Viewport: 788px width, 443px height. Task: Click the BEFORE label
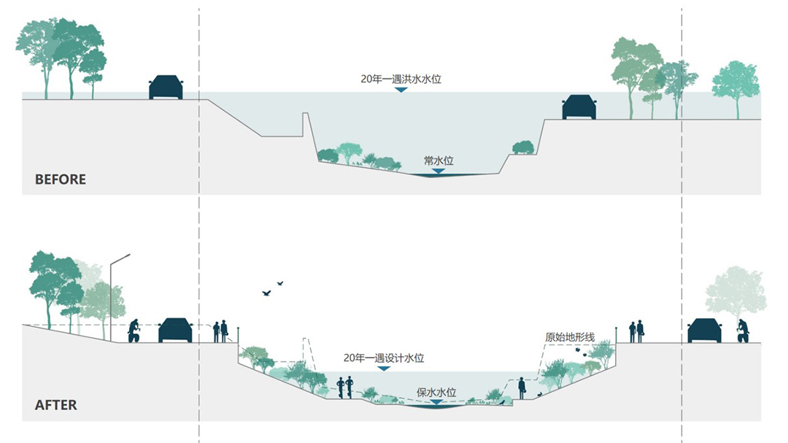(x=61, y=180)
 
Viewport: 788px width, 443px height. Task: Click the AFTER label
(x=55, y=404)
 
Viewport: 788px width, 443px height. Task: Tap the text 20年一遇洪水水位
(x=401, y=79)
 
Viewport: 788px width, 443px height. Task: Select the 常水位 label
(x=439, y=159)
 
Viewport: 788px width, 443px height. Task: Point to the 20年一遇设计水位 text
(x=385, y=358)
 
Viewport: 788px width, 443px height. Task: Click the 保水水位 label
(x=436, y=391)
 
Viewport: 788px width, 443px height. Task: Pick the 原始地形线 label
(x=570, y=337)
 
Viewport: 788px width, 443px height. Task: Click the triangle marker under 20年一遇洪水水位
(x=401, y=90)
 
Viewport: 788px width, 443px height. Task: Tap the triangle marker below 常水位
(x=438, y=171)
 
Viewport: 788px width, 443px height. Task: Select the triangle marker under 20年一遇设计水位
(x=384, y=369)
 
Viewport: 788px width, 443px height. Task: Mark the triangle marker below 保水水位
(x=436, y=402)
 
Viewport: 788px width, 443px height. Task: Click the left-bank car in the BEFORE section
(x=166, y=88)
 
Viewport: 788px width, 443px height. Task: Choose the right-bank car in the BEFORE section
(x=579, y=107)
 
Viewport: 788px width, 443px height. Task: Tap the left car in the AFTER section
(x=175, y=331)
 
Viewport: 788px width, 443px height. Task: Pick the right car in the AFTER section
(x=704, y=331)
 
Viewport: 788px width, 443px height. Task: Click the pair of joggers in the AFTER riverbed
(x=345, y=387)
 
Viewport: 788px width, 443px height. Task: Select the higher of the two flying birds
(x=279, y=282)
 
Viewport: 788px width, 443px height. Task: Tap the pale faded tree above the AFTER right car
(x=735, y=292)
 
